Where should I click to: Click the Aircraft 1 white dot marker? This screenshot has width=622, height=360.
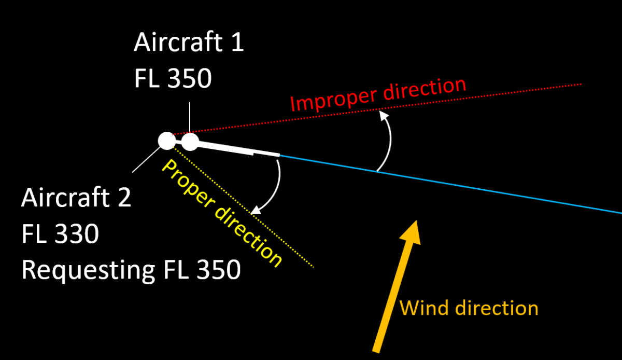coord(190,142)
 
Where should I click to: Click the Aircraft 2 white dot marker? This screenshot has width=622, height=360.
coord(166,140)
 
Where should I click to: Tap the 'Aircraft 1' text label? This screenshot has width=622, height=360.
coord(189,43)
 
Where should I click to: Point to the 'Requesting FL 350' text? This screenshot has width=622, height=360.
coord(131,270)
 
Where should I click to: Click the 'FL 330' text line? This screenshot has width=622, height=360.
coord(60,234)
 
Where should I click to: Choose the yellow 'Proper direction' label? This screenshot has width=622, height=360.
coord(222,213)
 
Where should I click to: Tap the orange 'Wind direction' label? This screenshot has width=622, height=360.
coord(469,308)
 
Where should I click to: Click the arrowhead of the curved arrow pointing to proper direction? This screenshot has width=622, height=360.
coord(254,212)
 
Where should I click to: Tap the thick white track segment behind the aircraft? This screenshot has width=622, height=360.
coord(233,149)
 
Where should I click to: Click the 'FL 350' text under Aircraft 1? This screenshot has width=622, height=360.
coord(173,79)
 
